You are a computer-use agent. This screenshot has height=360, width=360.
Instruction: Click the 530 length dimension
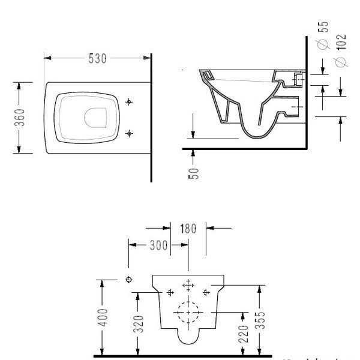tap(97, 58)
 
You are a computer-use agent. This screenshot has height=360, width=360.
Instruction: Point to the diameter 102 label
tap(341, 51)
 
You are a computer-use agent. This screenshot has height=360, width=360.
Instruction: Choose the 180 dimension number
tap(188, 228)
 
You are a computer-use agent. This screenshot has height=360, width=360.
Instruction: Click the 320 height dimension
tap(138, 325)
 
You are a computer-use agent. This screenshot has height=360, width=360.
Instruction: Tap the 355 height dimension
tap(259, 320)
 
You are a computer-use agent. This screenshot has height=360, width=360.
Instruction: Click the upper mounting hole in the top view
tap(129, 103)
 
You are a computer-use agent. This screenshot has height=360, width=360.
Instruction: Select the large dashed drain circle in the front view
tap(188, 313)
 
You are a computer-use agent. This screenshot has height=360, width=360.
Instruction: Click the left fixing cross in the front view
tap(170, 292)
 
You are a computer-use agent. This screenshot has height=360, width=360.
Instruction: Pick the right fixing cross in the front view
tap(206, 292)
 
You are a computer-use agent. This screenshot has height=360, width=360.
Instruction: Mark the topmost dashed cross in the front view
tap(188, 284)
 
